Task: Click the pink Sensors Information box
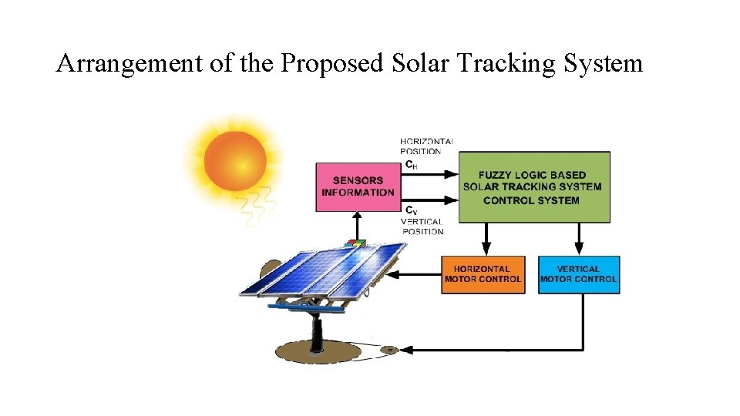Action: (357, 186)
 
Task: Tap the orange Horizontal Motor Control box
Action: (483, 274)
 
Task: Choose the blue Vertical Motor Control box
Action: (578, 274)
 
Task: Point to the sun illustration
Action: (235, 161)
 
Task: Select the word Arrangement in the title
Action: (129, 62)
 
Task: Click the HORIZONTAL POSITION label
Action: (426, 146)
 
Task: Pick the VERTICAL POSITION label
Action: (422, 226)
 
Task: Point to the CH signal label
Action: (412, 164)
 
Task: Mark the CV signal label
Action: (412, 210)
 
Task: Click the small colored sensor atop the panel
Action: (356, 244)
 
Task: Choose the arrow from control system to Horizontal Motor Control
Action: (485, 239)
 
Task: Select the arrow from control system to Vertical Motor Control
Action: (579, 239)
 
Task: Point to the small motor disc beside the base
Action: (390, 351)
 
